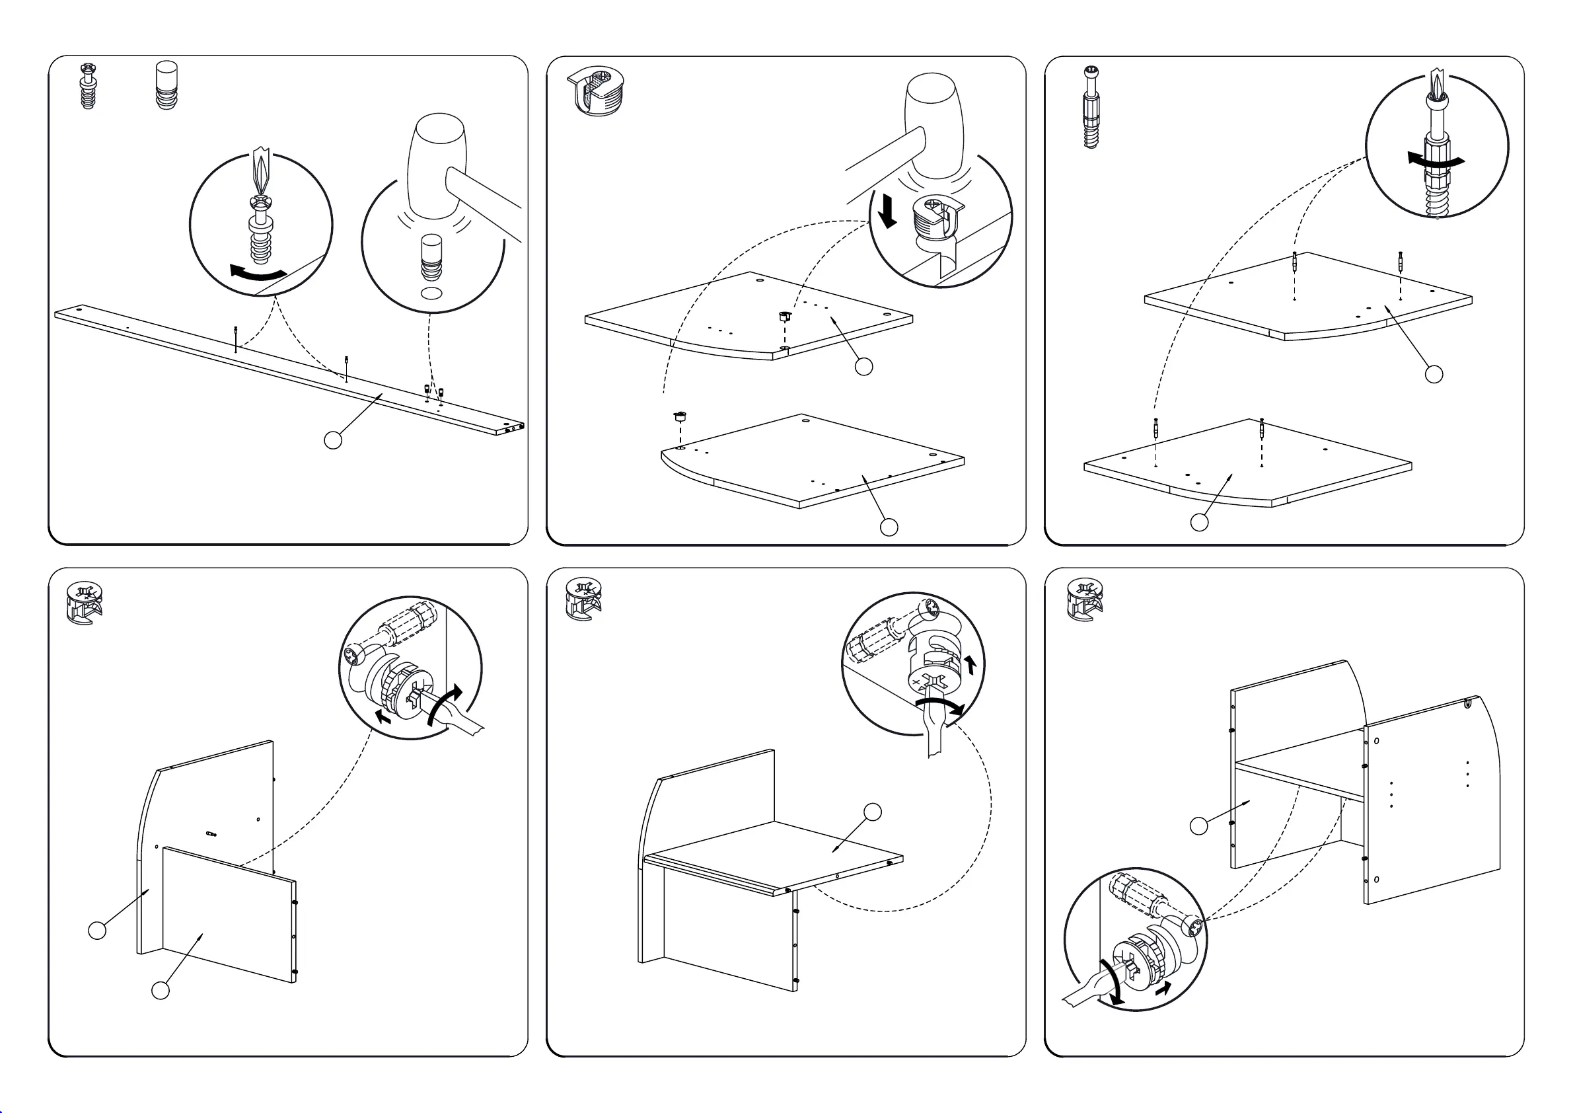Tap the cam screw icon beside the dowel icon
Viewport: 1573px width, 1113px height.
click(x=89, y=87)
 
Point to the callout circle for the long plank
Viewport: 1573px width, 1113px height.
click(x=333, y=440)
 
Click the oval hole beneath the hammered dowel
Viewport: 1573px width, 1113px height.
click(x=431, y=293)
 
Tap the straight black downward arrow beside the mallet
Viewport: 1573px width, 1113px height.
click(x=888, y=210)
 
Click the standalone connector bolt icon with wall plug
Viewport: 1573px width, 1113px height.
click(x=1091, y=107)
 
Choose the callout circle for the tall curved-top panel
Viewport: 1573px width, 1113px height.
click(x=97, y=930)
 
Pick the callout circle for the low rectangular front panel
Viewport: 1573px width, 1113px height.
click(x=161, y=990)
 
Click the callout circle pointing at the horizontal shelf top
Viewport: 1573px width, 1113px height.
click(x=873, y=812)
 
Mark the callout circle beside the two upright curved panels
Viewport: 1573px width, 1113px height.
click(x=1199, y=826)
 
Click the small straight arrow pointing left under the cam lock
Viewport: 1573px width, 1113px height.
click(x=384, y=718)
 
